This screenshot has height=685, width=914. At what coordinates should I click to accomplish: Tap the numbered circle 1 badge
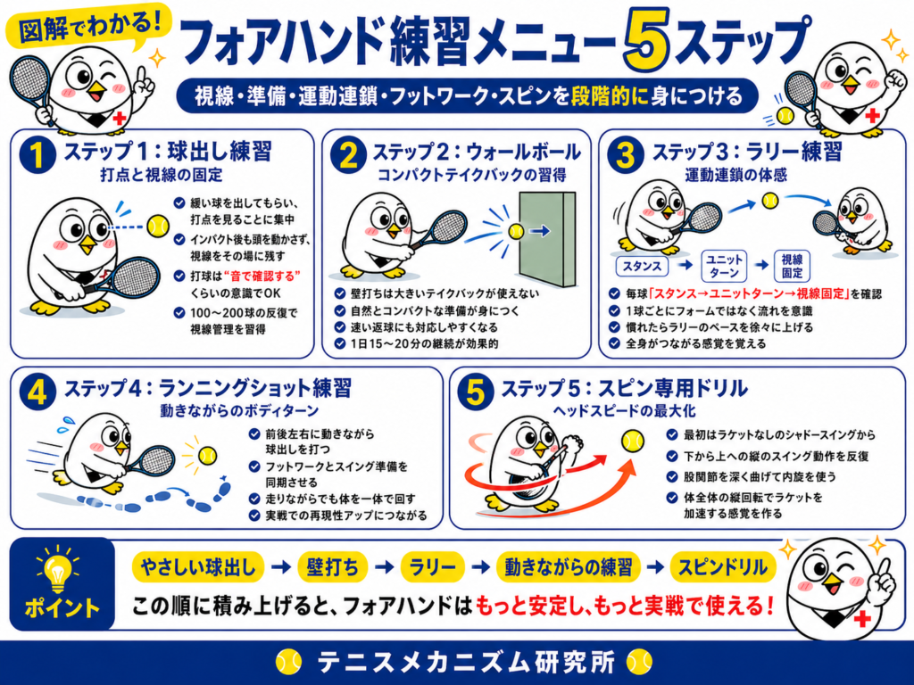[37, 156]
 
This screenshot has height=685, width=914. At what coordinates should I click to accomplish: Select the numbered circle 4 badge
[37, 392]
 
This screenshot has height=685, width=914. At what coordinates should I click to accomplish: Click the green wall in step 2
[547, 239]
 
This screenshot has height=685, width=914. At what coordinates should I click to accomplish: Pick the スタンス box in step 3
[642, 266]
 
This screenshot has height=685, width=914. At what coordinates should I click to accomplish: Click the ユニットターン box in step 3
[724, 266]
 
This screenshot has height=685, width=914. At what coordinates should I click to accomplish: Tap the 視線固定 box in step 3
[792, 266]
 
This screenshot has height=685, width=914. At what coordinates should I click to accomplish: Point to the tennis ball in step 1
[157, 226]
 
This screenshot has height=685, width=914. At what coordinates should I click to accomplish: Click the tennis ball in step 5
[633, 441]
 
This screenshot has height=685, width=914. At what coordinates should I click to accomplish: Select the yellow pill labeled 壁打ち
[333, 567]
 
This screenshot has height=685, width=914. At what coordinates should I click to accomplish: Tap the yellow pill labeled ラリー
[433, 567]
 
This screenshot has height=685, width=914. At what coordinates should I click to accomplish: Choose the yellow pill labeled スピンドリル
[723, 567]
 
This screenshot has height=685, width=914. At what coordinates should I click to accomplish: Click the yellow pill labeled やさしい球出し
[198, 567]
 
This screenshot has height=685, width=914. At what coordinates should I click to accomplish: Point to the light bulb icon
[58, 570]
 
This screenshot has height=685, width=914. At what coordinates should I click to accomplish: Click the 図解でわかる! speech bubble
[88, 27]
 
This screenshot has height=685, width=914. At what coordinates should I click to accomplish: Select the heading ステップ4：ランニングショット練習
[207, 388]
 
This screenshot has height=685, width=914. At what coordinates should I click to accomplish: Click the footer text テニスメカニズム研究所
[466, 663]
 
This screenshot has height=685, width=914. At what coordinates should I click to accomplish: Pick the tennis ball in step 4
[207, 455]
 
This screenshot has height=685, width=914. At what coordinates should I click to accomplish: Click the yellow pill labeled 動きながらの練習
[569, 567]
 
